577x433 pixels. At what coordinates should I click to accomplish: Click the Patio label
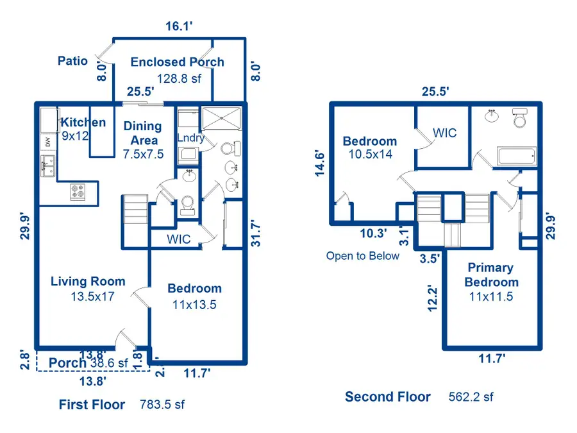[72, 61]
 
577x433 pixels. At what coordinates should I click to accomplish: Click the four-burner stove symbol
[78, 191]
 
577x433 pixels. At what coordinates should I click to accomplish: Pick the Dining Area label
[142, 133]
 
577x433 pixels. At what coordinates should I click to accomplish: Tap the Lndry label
[190, 137]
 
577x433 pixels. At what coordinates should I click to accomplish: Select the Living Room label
[88, 281]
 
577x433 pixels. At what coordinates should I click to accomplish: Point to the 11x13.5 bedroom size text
[194, 305]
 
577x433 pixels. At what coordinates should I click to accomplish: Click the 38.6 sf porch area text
[109, 363]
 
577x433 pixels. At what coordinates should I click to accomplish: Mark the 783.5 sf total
[162, 405]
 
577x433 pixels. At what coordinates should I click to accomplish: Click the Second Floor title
[388, 396]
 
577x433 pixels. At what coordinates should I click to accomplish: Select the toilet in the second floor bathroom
[519, 119]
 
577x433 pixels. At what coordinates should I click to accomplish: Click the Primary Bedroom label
[491, 275]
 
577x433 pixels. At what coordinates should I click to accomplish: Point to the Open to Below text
[362, 256]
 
